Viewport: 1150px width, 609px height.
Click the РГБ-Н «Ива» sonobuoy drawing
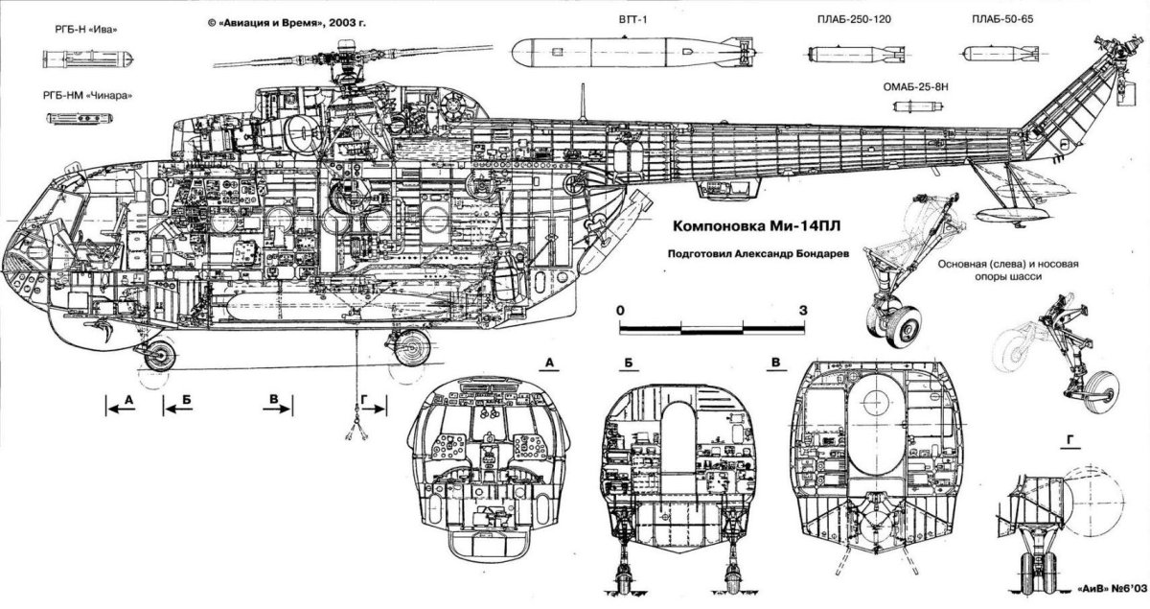tap(86, 59)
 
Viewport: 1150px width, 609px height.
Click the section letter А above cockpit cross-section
tap(549, 362)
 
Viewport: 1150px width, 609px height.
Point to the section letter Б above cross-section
tap(627, 362)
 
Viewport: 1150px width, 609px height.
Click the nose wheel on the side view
tap(156, 355)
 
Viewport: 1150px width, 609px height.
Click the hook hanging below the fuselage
tap(356, 417)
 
